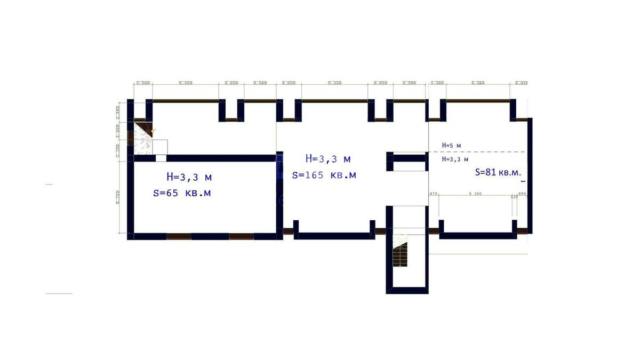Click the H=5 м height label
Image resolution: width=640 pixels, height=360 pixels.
[x=451, y=145]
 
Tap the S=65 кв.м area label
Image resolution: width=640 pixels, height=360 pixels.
[x=181, y=193]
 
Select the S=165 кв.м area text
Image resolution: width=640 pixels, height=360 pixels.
[x=324, y=175]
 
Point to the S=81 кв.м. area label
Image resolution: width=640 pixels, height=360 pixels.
[x=497, y=172]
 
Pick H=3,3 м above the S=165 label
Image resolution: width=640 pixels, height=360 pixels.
[x=328, y=158]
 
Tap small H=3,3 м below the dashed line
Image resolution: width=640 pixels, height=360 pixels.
[x=455, y=159]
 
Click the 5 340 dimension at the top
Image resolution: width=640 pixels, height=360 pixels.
[x=478, y=83]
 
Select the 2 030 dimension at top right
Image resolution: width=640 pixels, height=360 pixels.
[x=521, y=83]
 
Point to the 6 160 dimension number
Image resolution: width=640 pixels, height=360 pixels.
[x=475, y=194]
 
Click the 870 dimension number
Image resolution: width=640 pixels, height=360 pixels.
[x=433, y=194]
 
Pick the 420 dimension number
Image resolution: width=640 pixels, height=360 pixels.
[x=514, y=197]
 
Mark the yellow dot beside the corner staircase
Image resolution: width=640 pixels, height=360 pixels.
[x=153, y=131]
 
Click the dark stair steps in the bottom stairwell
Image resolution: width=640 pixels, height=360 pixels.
[x=398, y=258]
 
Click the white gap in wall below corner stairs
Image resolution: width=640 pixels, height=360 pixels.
[x=161, y=158]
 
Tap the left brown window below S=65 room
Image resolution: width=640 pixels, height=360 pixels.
[x=179, y=236]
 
